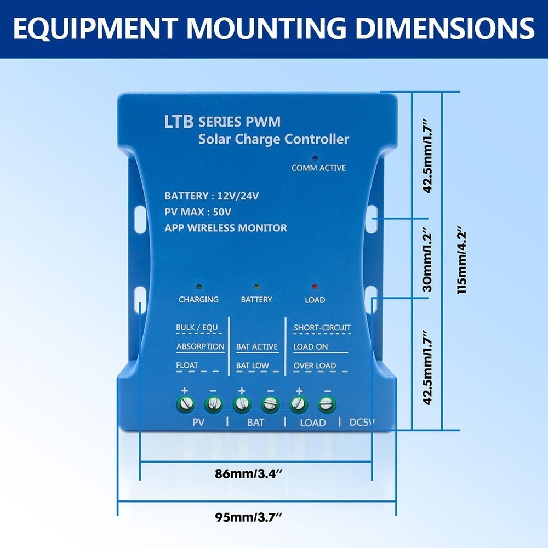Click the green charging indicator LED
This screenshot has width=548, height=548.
198,287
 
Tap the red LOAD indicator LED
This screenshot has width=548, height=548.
315,287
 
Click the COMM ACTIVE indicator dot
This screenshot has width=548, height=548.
315,157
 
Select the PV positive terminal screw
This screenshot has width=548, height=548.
185,405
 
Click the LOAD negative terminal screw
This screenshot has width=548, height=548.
327,405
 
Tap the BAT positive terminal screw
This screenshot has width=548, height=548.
242,405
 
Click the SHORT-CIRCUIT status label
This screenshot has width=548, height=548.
322,328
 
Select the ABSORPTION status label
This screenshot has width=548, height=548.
200,346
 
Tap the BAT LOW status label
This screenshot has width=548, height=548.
252,366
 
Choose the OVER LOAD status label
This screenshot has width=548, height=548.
314,366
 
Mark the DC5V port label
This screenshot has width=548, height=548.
362,423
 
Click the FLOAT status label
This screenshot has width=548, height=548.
187,365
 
